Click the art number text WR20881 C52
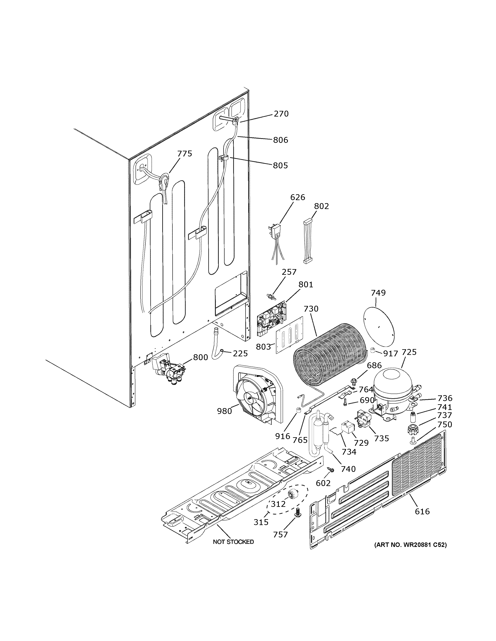pyautogui.click(x=410, y=545)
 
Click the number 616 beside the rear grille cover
pyautogui.click(x=422, y=512)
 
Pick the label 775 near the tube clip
pyautogui.click(x=185, y=154)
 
